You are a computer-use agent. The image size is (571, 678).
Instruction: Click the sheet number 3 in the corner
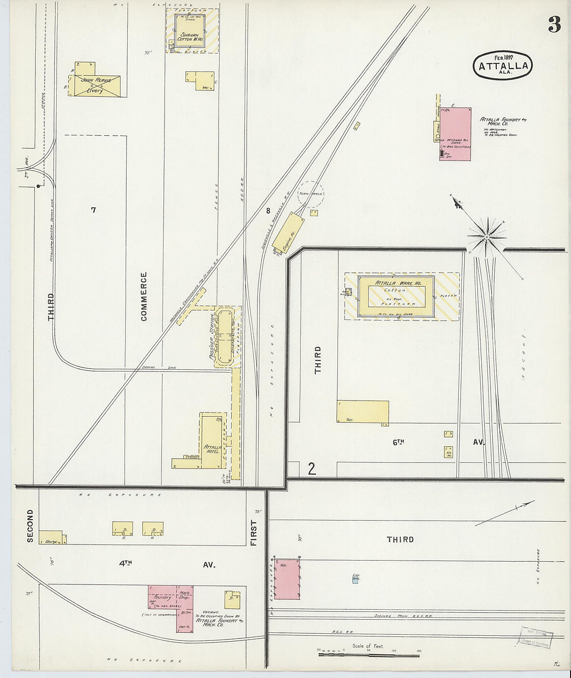click(x=554, y=24)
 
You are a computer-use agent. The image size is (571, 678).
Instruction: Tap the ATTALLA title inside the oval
click(x=503, y=66)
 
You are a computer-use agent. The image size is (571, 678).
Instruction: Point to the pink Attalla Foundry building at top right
click(x=455, y=134)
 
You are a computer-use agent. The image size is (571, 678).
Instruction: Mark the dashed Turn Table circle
click(x=310, y=194)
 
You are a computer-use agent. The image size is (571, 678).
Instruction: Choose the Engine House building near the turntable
click(x=288, y=233)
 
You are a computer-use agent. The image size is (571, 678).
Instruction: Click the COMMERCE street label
click(x=144, y=296)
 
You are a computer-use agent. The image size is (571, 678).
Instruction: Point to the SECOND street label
click(x=30, y=526)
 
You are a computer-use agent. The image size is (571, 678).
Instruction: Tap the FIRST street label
click(x=254, y=533)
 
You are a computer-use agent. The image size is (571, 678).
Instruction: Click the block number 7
click(x=93, y=210)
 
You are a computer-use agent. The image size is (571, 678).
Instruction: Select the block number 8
click(x=268, y=211)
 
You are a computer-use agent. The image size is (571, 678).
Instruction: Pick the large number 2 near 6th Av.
click(x=311, y=469)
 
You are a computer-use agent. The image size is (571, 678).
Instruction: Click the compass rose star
click(x=487, y=236)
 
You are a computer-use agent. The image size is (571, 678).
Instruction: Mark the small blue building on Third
click(x=356, y=579)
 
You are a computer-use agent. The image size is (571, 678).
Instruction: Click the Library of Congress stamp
click(x=534, y=637)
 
